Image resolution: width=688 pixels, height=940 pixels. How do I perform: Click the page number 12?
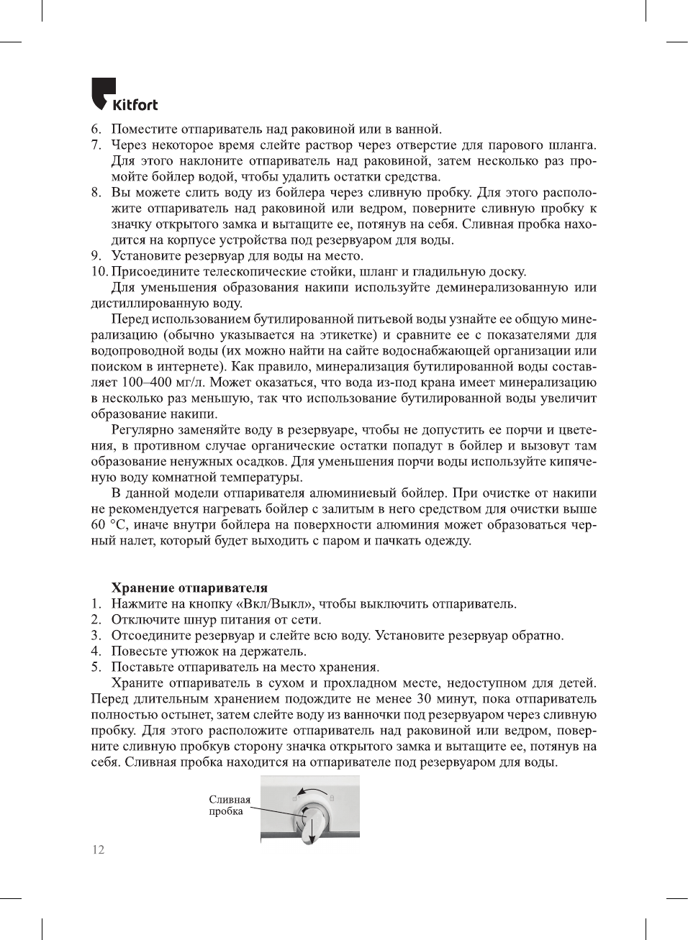98,849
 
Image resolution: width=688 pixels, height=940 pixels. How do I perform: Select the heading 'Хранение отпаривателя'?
189,588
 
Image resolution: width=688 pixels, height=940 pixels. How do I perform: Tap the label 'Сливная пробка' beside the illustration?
230,805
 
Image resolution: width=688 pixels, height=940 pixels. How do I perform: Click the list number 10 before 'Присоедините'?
99,272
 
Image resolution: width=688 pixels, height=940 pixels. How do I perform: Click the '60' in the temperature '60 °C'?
98,525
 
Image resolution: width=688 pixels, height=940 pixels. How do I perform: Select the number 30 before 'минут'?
425,699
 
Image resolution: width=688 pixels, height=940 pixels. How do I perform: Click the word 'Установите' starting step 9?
146,256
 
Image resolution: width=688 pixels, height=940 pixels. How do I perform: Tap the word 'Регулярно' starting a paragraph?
144,430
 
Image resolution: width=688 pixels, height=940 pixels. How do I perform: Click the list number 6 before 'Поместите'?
96,129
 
